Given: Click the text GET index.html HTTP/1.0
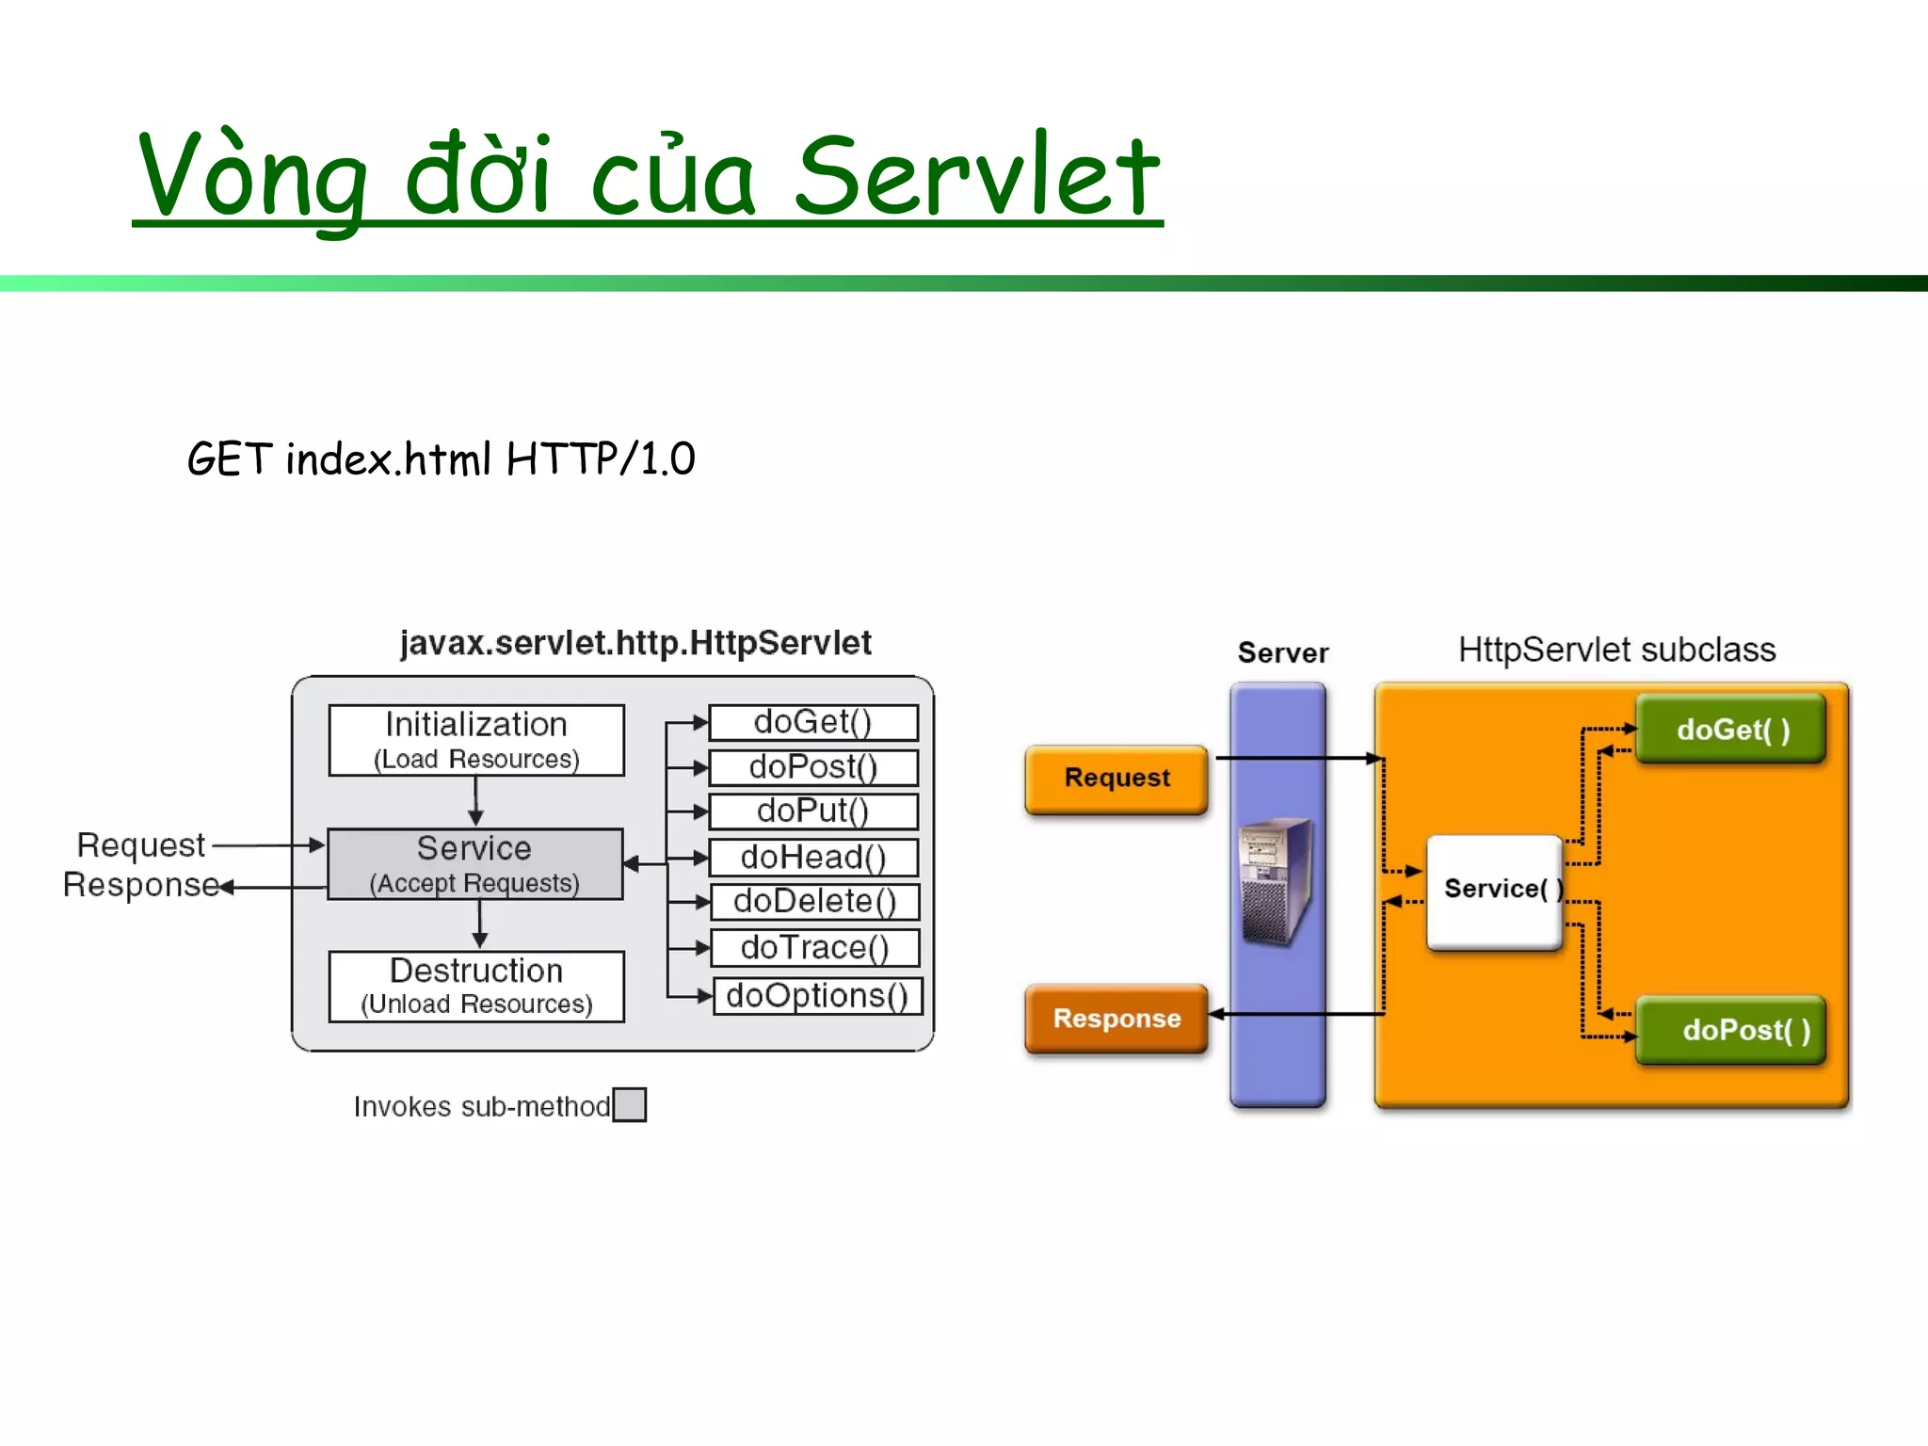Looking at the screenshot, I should (441, 459).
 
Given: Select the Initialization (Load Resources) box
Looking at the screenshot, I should (476, 740).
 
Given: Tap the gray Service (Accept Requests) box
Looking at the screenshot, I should (475, 864).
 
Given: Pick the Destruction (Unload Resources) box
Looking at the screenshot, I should (476, 986).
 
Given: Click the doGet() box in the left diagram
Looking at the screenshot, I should (813, 723).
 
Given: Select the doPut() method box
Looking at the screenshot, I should (813, 811).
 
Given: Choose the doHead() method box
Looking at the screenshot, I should (813, 858).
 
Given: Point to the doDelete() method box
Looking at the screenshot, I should (814, 902).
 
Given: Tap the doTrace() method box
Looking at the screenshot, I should (814, 948).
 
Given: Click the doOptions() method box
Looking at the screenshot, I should (817, 996).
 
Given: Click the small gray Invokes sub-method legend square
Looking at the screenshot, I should (629, 1104).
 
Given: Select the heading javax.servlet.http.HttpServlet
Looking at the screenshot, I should (635, 643).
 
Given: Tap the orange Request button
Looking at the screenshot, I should (1117, 779).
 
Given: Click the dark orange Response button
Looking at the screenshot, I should (1117, 1019).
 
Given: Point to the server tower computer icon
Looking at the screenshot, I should (1277, 881).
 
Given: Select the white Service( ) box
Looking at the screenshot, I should (1494, 891).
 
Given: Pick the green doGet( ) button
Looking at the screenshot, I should (1730, 730).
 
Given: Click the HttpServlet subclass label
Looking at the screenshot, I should (1616, 651).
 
